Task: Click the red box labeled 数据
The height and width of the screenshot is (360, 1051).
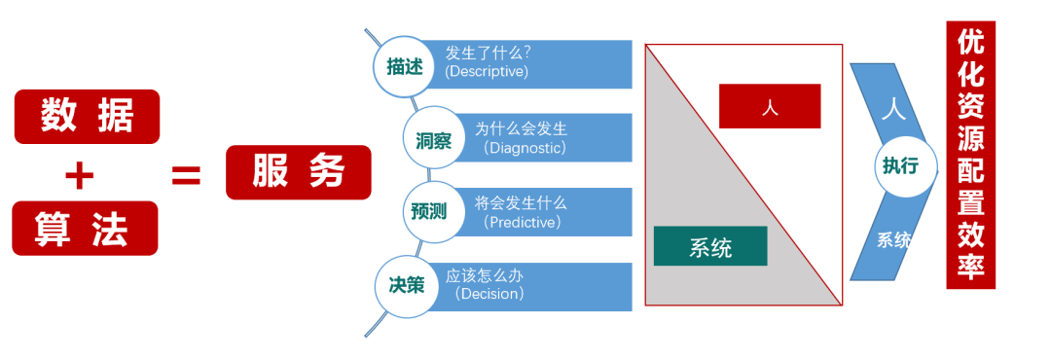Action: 87,116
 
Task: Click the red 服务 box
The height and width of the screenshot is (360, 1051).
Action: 298,172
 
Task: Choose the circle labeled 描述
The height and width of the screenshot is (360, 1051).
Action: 404,66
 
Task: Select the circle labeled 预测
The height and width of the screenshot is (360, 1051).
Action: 428,211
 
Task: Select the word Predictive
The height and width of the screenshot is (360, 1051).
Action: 524,222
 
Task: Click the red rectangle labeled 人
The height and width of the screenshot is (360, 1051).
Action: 770,106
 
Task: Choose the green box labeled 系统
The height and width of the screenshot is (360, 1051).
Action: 710,246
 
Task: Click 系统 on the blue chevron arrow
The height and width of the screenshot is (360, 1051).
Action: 894,238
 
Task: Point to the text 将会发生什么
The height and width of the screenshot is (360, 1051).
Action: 521,203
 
